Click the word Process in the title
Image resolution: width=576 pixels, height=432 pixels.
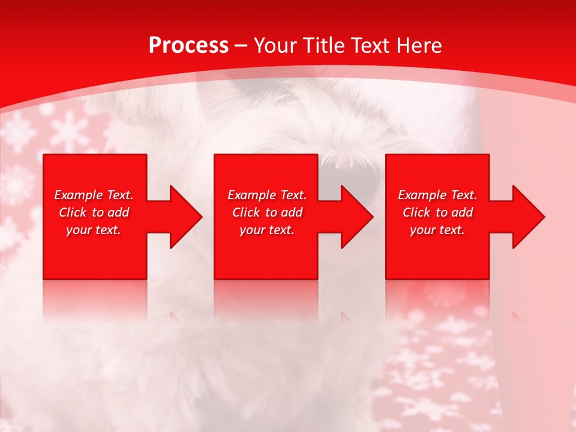click(x=188, y=46)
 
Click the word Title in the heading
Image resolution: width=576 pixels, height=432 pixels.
click(x=324, y=46)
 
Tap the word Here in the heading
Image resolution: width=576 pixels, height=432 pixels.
click(x=418, y=46)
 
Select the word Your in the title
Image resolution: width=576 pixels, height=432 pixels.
click(x=275, y=46)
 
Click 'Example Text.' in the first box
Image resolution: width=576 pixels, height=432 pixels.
click(x=94, y=195)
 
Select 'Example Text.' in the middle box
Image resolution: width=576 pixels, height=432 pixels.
click(x=267, y=195)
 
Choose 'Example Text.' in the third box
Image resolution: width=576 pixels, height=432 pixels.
click(x=437, y=195)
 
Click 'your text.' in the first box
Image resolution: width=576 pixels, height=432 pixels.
click(x=94, y=230)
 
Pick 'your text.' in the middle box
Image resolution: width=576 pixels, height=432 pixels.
click(x=267, y=230)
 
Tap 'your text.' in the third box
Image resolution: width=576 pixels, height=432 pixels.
click(x=437, y=230)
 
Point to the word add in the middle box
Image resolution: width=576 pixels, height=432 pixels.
click(x=292, y=212)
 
